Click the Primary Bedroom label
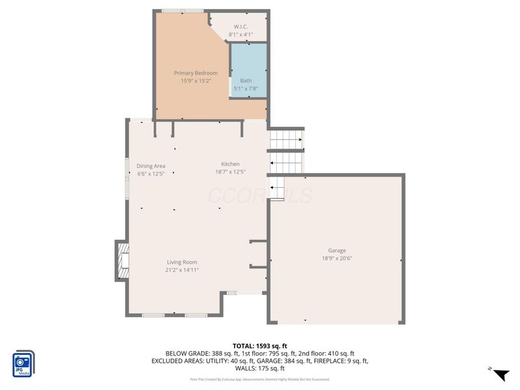click(196, 73)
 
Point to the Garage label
click(337, 250)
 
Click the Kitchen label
click(230, 164)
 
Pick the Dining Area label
click(151, 166)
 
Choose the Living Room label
click(181, 262)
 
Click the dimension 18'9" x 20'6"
click(337, 258)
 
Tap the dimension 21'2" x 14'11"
click(181, 270)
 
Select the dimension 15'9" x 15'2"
click(196, 81)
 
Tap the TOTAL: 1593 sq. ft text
click(259, 345)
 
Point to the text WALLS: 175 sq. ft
click(259, 368)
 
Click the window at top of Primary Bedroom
click(181, 11)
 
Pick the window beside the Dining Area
click(127, 175)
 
